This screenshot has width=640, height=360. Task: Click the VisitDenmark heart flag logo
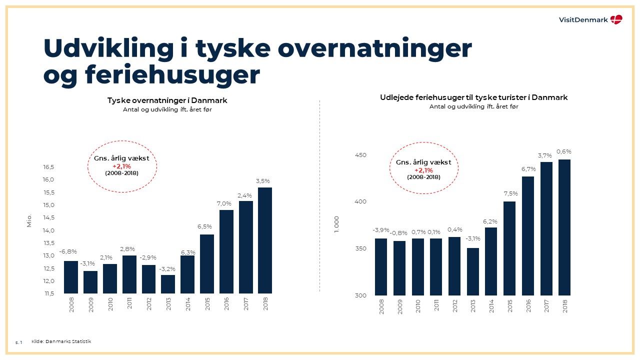(x=616, y=19)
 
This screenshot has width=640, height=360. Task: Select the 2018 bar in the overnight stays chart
(x=265, y=240)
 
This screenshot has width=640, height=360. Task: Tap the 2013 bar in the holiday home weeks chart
(x=473, y=271)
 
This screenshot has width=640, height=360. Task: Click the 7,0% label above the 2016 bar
(x=226, y=203)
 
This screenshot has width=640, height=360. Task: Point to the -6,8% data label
(x=68, y=251)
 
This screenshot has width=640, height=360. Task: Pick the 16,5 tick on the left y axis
(x=48, y=167)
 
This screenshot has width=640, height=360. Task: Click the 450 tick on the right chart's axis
(x=360, y=155)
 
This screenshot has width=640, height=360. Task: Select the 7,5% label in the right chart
(x=510, y=194)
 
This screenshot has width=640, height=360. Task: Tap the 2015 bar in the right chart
(x=509, y=248)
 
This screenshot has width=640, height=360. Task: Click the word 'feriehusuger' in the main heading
(x=172, y=75)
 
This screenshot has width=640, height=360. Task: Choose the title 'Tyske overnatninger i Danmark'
(x=167, y=100)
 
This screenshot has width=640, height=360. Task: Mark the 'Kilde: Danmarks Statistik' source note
(x=61, y=341)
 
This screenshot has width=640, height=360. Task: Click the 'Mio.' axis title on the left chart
(x=29, y=221)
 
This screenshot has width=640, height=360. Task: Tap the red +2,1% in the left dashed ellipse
(x=121, y=166)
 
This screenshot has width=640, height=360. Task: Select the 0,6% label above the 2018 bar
(x=564, y=151)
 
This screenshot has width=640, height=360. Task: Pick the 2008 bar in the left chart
(x=71, y=277)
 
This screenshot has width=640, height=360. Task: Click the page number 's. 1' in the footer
(x=19, y=342)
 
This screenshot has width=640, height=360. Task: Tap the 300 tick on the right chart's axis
(x=360, y=295)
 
